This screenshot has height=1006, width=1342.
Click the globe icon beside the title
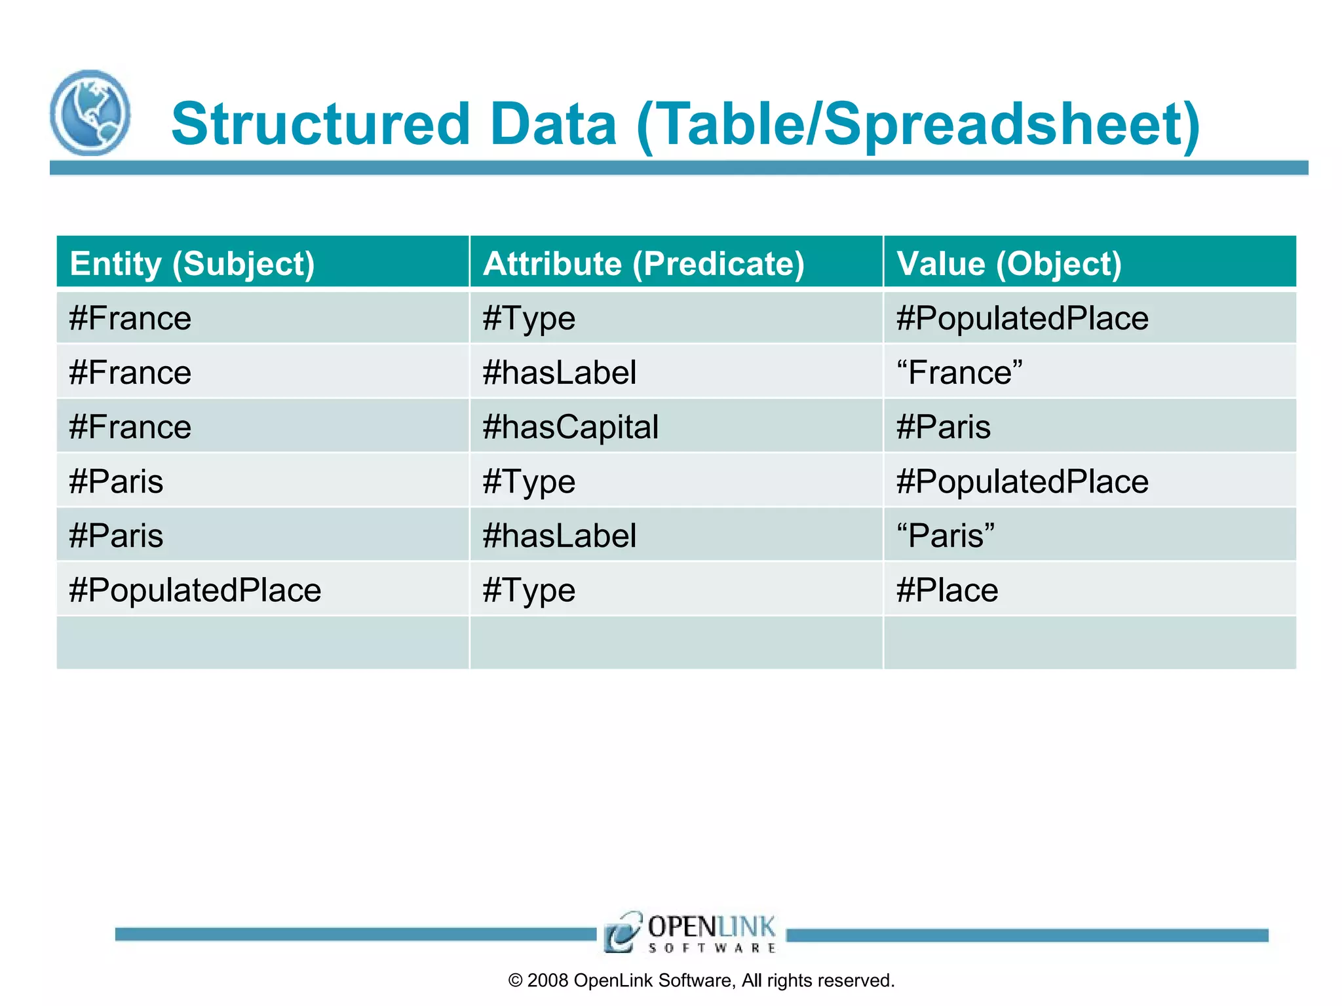click(x=90, y=113)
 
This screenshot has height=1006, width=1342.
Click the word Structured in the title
click(x=320, y=124)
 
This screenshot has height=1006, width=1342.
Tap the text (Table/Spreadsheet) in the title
click(x=918, y=126)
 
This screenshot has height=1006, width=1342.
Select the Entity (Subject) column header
click(x=193, y=263)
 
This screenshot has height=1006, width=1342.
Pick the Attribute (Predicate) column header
click(x=643, y=263)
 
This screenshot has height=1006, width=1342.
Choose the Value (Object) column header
click(x=1009, y=263)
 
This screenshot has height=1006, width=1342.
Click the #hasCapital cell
click(x=570, y=427)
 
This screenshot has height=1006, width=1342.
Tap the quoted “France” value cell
click(x=959, y=373)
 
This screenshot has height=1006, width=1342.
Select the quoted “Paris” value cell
click(x=946, y=536)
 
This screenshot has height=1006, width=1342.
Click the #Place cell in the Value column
click(x=947, y=590)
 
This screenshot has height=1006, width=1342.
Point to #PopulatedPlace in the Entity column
click(x=195, y=590)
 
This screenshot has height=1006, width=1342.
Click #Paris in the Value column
click(x=943, y=427)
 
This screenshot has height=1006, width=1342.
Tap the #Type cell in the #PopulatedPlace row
click(x=529, y=590)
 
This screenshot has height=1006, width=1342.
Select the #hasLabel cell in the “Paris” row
click(x=559, y=536)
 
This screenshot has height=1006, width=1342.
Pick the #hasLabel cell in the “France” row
click(x=559, y=373)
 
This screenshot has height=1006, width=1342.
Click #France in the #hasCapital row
click(x=130, y=427)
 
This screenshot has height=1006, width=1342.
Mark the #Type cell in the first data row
click(x=529, y=319)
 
